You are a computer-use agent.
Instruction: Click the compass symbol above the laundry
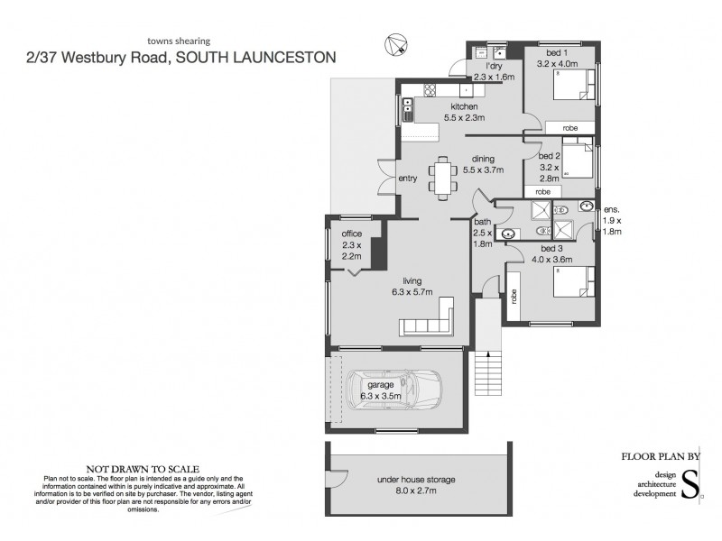click(x=395, y=41)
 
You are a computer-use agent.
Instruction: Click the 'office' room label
click(x=351, y=234)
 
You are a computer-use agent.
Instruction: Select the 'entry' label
click(x=408, y=179)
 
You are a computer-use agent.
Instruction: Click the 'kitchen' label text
click(x=464, y=107)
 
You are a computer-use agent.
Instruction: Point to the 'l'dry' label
click(x=494, y=67)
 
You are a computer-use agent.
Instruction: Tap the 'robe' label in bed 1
click(x=569, y=128)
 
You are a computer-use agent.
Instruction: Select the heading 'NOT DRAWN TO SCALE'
click(x=132, y=469)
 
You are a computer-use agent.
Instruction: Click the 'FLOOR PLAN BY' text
click(x=662, y=456)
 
